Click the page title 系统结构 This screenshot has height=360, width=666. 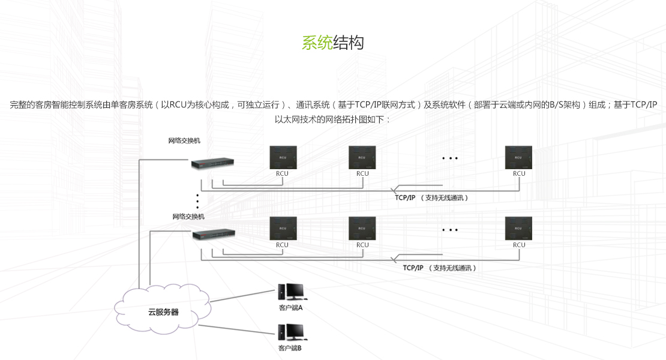click(332, 43)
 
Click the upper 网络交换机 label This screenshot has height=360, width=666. click(184, 141)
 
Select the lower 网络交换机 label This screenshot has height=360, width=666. click(188, 217)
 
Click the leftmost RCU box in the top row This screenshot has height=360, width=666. click(282, 157)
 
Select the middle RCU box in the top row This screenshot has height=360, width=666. click(362, 157)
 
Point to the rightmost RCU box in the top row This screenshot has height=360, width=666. click(518, 157)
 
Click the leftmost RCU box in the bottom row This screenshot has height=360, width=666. click(282, 229)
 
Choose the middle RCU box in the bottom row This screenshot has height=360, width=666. click(362, 229)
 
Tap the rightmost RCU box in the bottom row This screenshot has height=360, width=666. click(518, 229)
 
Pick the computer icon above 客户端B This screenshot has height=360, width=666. click(290, 332)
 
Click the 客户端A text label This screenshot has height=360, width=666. click(290, 308)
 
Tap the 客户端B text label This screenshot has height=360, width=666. click(290, 348)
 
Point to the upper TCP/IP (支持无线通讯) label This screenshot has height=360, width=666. click(431, 197)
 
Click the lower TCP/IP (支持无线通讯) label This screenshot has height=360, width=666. click(439, 268)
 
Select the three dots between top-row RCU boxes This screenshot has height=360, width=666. click(449, 158)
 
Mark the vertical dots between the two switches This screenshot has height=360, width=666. click(197, 202)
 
